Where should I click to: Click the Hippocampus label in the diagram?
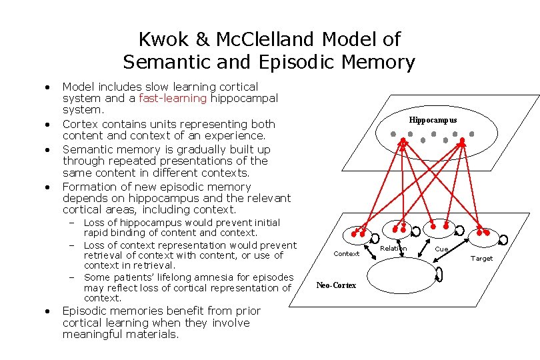433,120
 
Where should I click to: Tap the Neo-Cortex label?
336,285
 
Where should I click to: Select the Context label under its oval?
346,253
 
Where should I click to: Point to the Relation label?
393,248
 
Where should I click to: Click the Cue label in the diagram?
441,249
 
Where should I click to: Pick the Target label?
481,258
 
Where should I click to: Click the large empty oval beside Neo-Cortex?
400,275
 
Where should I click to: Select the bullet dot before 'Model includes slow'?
48,87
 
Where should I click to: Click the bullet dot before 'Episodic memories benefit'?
48,311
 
